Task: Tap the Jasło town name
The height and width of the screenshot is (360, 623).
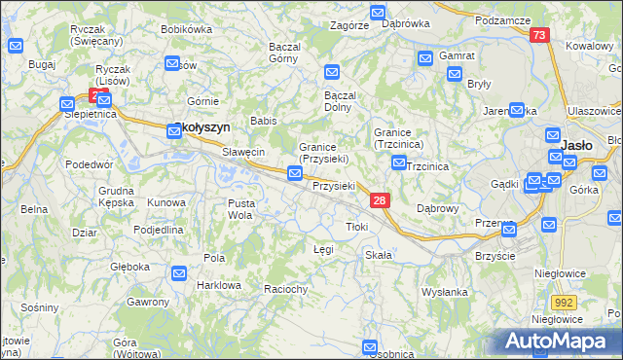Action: [x=578, y=145]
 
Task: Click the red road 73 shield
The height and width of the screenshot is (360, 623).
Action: [x=540, y=34]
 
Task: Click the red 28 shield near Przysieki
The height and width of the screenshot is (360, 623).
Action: [x=380, y=199]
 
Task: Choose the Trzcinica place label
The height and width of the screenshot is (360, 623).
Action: [x=427, y=166]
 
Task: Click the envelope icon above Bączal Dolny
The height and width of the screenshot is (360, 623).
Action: [x=332, y=72]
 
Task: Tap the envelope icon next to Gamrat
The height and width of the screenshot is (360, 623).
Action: [x=425, y=58]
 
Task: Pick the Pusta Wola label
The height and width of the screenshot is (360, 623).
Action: [x=240, y=209]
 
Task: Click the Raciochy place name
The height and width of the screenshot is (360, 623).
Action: [x=286, y=289]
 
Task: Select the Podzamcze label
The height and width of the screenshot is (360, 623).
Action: [x=502, y=20]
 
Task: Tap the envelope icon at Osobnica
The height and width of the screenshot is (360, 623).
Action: [x=370, y=346]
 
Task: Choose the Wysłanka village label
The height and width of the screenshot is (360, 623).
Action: [x=445, y=292]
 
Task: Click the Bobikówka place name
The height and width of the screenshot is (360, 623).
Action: [x=186, y=29]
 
